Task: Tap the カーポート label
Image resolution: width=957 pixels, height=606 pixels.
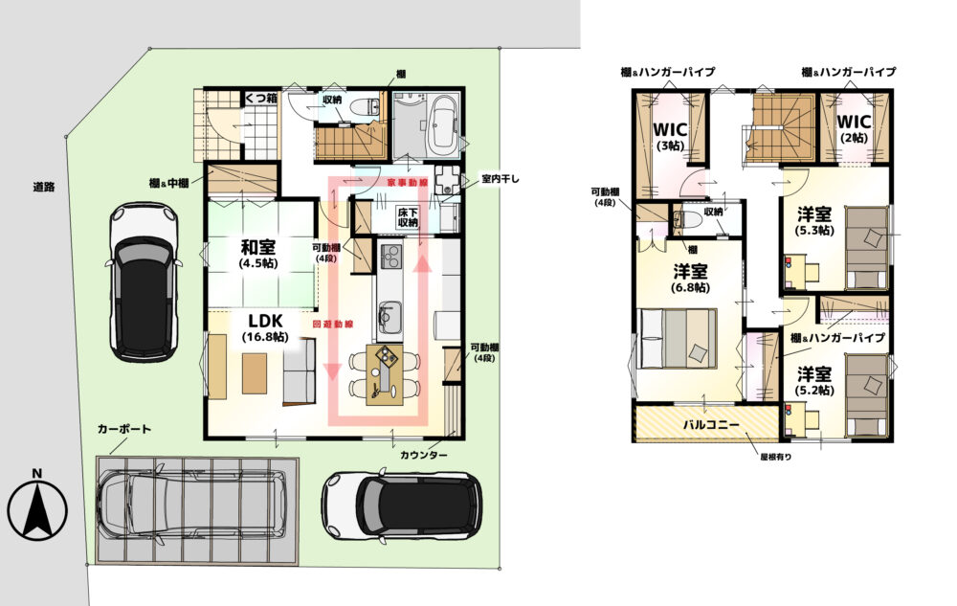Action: point(123,429)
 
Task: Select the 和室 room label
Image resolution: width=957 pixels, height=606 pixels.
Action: point(258,247)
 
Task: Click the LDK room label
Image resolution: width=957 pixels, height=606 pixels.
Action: point(265,321)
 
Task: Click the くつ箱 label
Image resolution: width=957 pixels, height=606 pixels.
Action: point(262,98)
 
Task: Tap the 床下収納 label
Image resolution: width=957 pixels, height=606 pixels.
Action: point(408,217)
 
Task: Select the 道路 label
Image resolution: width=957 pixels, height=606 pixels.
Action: point(44,187)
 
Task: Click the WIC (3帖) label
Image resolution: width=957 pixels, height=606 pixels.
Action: point(670,136)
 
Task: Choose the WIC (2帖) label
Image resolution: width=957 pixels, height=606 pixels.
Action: point(854,127)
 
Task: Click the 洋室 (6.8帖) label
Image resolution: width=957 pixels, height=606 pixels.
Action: point(691,278)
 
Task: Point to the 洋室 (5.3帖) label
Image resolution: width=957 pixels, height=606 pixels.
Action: point(814,221)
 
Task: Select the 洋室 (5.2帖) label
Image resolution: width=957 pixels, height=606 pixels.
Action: point(814,380)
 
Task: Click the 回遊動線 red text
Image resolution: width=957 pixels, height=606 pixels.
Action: point(333,325)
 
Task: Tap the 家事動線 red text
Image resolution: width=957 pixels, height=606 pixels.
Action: point(407,183)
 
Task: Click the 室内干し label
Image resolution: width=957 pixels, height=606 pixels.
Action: point(501,179)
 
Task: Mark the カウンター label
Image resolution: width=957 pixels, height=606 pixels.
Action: point(424,456)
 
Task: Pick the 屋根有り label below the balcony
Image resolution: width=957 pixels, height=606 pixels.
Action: point(775,456)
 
